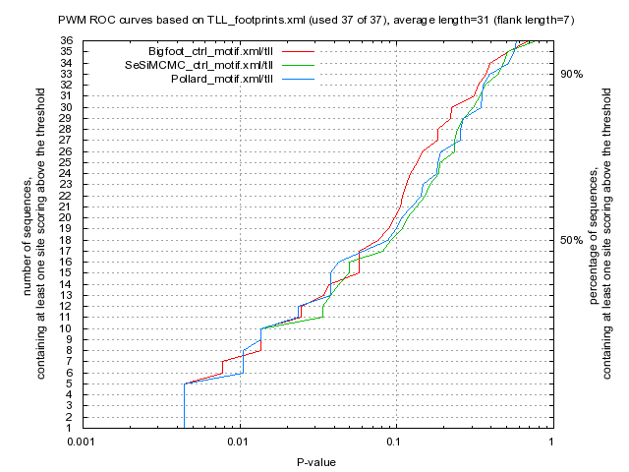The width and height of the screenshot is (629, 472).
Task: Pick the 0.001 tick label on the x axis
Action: (82, 443)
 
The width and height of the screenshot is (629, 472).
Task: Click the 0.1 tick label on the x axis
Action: (395, 443)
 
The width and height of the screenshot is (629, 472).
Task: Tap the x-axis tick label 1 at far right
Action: (550, 443)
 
